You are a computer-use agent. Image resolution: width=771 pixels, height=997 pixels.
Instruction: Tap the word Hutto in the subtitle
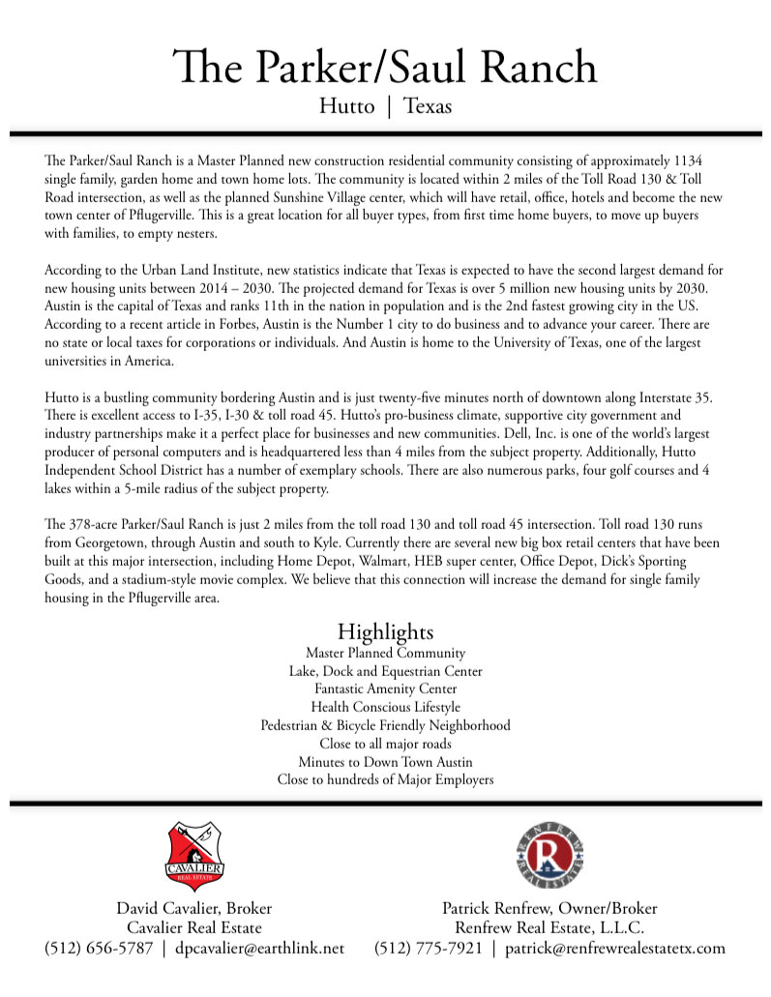[x=346, y=106]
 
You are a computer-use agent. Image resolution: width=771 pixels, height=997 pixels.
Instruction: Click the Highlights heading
[x=385, y=632]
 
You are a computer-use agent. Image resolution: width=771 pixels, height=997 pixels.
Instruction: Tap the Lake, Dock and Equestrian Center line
[x=385, y=671]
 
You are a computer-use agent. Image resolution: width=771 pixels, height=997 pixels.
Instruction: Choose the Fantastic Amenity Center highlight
[x=385, y=689]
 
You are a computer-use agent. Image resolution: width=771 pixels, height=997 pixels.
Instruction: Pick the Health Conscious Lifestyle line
[x=385, y=708]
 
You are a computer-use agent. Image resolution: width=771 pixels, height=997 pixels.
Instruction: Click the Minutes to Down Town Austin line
[x=385, y=762]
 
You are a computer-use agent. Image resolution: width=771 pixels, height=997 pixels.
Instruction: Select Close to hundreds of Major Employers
[x=385, y=779]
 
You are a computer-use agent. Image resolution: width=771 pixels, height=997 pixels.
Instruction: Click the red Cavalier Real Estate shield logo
[x=195, y=856]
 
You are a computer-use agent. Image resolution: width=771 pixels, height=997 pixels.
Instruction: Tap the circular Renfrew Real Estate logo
[x=549, y=857]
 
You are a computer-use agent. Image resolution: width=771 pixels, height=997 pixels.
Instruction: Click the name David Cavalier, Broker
[x=194, y=909]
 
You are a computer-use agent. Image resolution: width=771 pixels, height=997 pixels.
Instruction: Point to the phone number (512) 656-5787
[x=99, y=949]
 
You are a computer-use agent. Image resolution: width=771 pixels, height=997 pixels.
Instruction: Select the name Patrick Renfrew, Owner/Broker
[x=549, y=909]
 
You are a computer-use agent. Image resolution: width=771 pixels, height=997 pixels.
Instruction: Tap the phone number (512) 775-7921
[x=428, y=949]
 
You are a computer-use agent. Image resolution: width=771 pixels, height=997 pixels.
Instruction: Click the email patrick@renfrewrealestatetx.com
[x=614, y=949]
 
